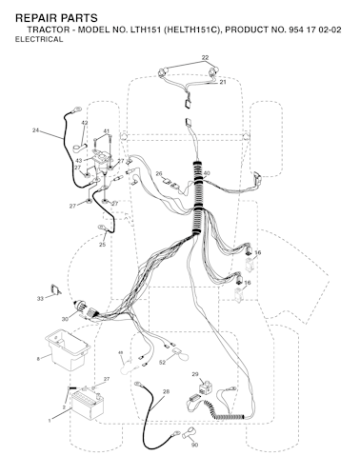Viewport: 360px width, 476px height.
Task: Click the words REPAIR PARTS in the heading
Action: (x=56, y=18)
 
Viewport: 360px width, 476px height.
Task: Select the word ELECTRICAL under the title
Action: (x=39, y=39)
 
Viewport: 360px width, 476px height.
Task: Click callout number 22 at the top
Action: (x=205, y=57)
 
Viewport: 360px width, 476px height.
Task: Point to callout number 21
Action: (x=223, y=82)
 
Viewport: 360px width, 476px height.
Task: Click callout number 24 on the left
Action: (x=36, y=129)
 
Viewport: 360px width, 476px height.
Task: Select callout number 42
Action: (x=85, y=123)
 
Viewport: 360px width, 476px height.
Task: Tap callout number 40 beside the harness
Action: (x=207, y=173)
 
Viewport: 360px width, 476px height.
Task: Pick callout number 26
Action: (x=159, y=173)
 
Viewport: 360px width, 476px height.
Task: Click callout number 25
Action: (x=102, y=245)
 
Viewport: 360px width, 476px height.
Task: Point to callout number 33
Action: (x=40, y=299)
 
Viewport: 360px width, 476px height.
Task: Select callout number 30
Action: (x=65, y=319)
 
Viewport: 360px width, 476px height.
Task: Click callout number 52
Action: (x=162, y=363)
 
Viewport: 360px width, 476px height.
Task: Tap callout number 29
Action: (x=195, y=374)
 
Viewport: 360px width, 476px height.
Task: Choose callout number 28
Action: (x=166, y=391)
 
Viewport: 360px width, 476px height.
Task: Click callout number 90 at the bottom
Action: (x=194, y=445)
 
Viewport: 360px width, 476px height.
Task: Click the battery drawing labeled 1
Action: (x=88, y=406)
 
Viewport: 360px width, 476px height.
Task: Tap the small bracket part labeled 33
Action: (x=56, y=289)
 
